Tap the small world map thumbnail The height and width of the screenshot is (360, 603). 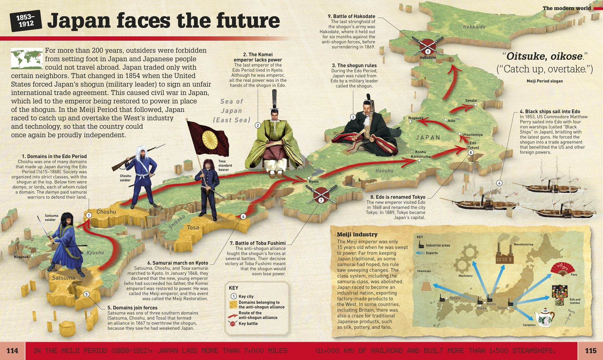pyautogui.click(x=27, y=58)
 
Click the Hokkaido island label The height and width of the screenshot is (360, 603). pyautogui.click(x=474, y=27)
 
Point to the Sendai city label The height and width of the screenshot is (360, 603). pyautogui.click(x=471, y=100)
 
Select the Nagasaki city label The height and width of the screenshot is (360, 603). pyautogui.click(x=22, y=257)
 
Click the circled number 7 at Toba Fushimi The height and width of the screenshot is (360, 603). pyautogui.click(x=321, y=200)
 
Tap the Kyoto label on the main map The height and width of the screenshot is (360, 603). pyautogui.click(x=314, y=182)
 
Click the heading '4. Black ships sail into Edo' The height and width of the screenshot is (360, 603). pyautogui.click(x=550, y=111)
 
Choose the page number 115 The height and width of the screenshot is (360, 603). pyautogui.click(x=590, y=351)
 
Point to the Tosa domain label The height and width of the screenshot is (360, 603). pyautogui.click(x=193, y=228)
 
